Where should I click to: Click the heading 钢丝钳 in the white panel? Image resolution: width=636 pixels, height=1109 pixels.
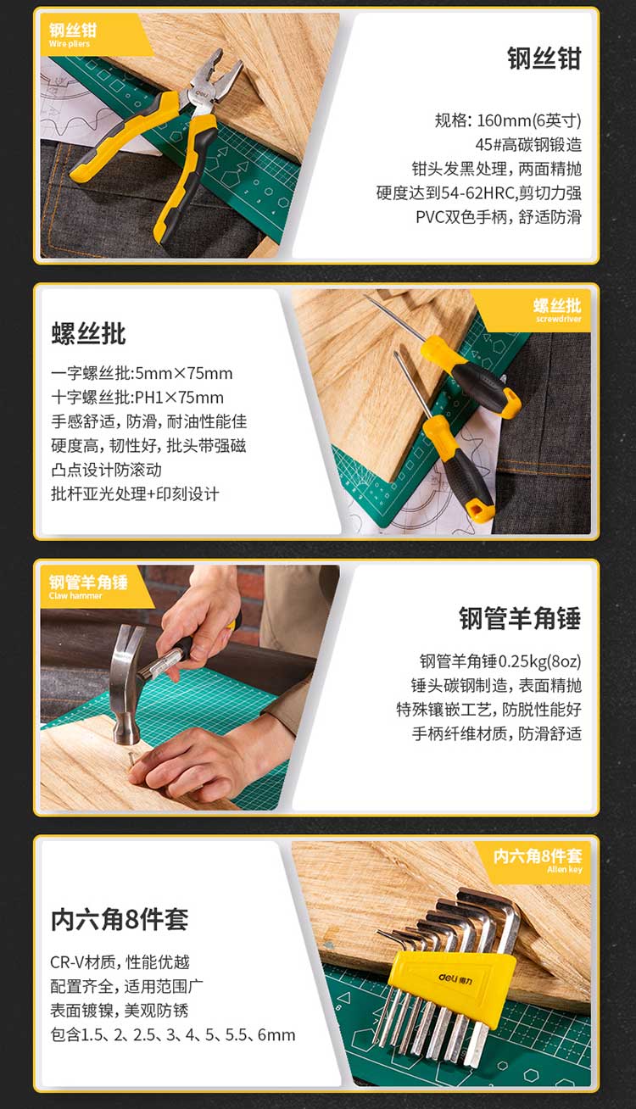544,59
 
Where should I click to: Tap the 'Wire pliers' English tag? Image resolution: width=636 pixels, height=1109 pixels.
70,43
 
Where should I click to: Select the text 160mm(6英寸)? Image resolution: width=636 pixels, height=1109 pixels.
529,120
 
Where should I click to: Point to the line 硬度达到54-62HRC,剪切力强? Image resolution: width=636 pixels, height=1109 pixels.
478,192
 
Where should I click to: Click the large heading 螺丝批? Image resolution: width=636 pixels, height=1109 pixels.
88,333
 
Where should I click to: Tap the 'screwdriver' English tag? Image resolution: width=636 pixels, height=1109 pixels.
558,319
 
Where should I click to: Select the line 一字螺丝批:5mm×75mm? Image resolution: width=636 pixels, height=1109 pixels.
142,373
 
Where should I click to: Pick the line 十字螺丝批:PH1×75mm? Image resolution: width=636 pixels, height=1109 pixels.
137,398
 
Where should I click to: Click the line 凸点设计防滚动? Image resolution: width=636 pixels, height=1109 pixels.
106,470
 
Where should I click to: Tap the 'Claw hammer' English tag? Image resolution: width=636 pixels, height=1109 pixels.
75,595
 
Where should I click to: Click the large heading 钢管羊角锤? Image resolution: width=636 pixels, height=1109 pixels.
520,618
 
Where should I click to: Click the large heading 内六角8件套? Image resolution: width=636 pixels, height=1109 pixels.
120,919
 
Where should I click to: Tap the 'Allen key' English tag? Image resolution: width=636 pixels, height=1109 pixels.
565,869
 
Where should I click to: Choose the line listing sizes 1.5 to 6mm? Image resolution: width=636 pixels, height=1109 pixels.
173,1034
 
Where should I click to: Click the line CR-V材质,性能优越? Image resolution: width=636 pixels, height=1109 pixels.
120,962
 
